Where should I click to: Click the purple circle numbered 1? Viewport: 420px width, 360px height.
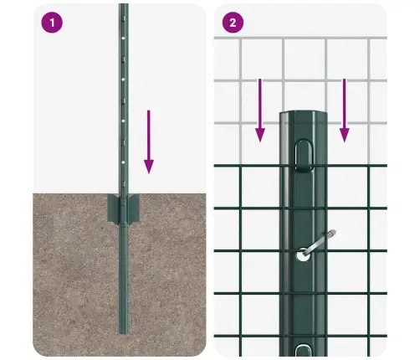(x=52, y=23)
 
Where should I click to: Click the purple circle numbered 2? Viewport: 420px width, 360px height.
(x=234, y=23)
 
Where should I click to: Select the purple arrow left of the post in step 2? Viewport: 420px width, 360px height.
(x=259, y=109)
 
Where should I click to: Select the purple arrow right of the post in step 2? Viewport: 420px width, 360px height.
(x=344, y=109)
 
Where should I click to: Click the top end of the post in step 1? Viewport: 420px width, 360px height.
(x=123, y=7)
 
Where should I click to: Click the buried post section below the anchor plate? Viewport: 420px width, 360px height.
(x=124, y=276)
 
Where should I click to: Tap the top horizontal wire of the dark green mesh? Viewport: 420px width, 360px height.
(x=251, y=166)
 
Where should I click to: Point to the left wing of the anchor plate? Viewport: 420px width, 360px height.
(x=113, y=208)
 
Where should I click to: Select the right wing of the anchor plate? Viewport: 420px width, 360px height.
(x=135, y=208)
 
